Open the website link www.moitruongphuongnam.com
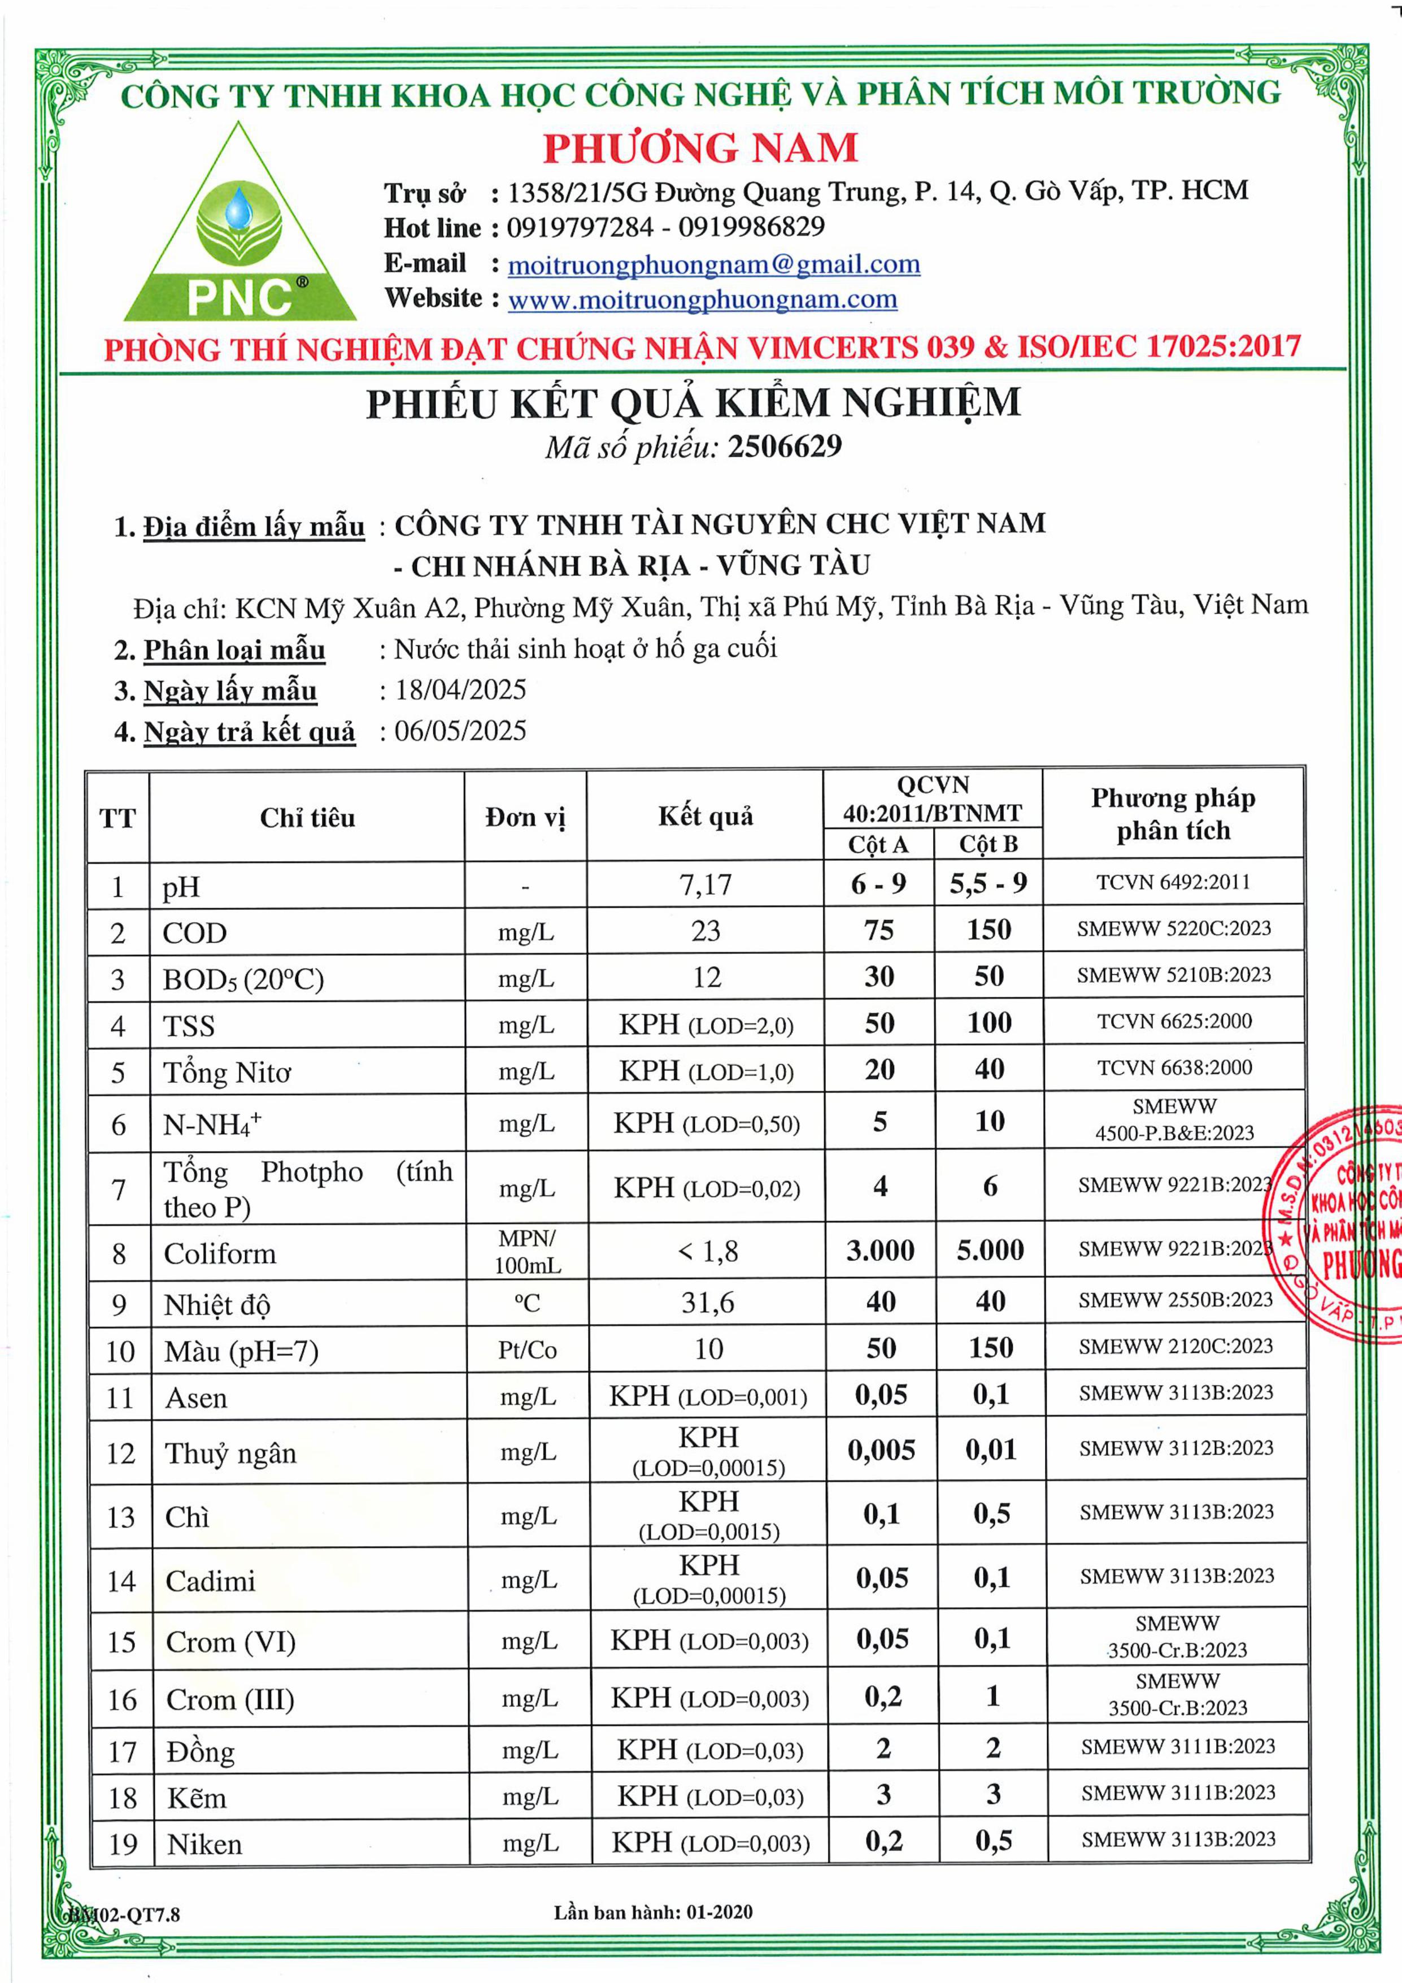coord(702,300)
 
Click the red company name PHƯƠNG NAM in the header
coord(700,147)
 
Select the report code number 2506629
coord(784,446)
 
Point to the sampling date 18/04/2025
coord(460,690)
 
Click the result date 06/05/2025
coord(460,731)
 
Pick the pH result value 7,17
coord(706,884)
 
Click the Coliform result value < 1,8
coord(707,1252)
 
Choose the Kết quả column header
coord(706,816)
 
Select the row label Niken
coord(204,1845)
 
